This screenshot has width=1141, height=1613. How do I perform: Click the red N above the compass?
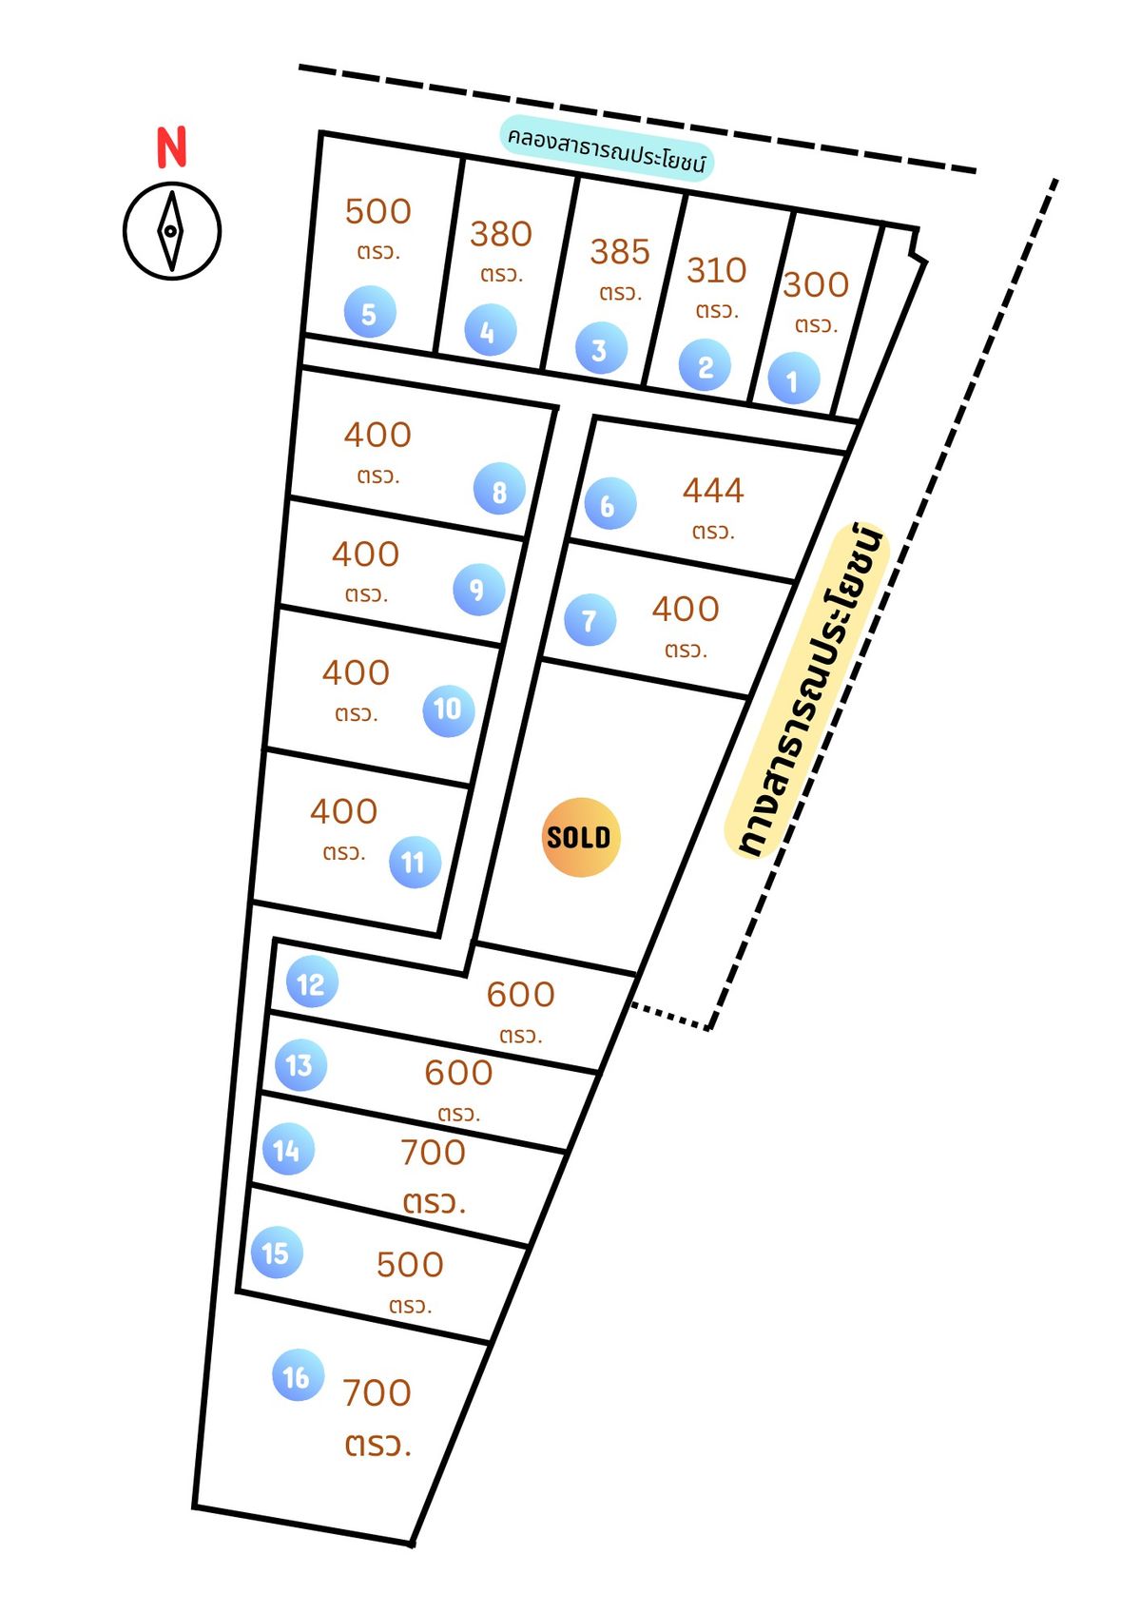172,146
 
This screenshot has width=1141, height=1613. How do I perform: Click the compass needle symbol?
171,231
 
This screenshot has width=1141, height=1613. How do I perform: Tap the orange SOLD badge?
580,837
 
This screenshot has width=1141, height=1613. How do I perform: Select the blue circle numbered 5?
369,313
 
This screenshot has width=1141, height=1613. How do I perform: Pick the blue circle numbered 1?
793,379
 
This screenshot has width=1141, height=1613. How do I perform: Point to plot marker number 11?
415,862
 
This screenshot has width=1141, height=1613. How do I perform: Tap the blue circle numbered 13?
300,1065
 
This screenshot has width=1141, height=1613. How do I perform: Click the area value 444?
713,491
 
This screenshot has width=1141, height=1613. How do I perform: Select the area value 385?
620,252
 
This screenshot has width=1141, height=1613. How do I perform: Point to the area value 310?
716,271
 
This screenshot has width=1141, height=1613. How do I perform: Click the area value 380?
501,234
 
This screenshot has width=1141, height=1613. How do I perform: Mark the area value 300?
816,285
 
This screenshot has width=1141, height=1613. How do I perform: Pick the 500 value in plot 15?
410,1265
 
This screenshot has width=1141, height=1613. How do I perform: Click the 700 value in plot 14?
434,1153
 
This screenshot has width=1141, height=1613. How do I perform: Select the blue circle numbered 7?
590,619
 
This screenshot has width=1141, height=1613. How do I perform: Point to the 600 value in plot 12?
520,995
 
